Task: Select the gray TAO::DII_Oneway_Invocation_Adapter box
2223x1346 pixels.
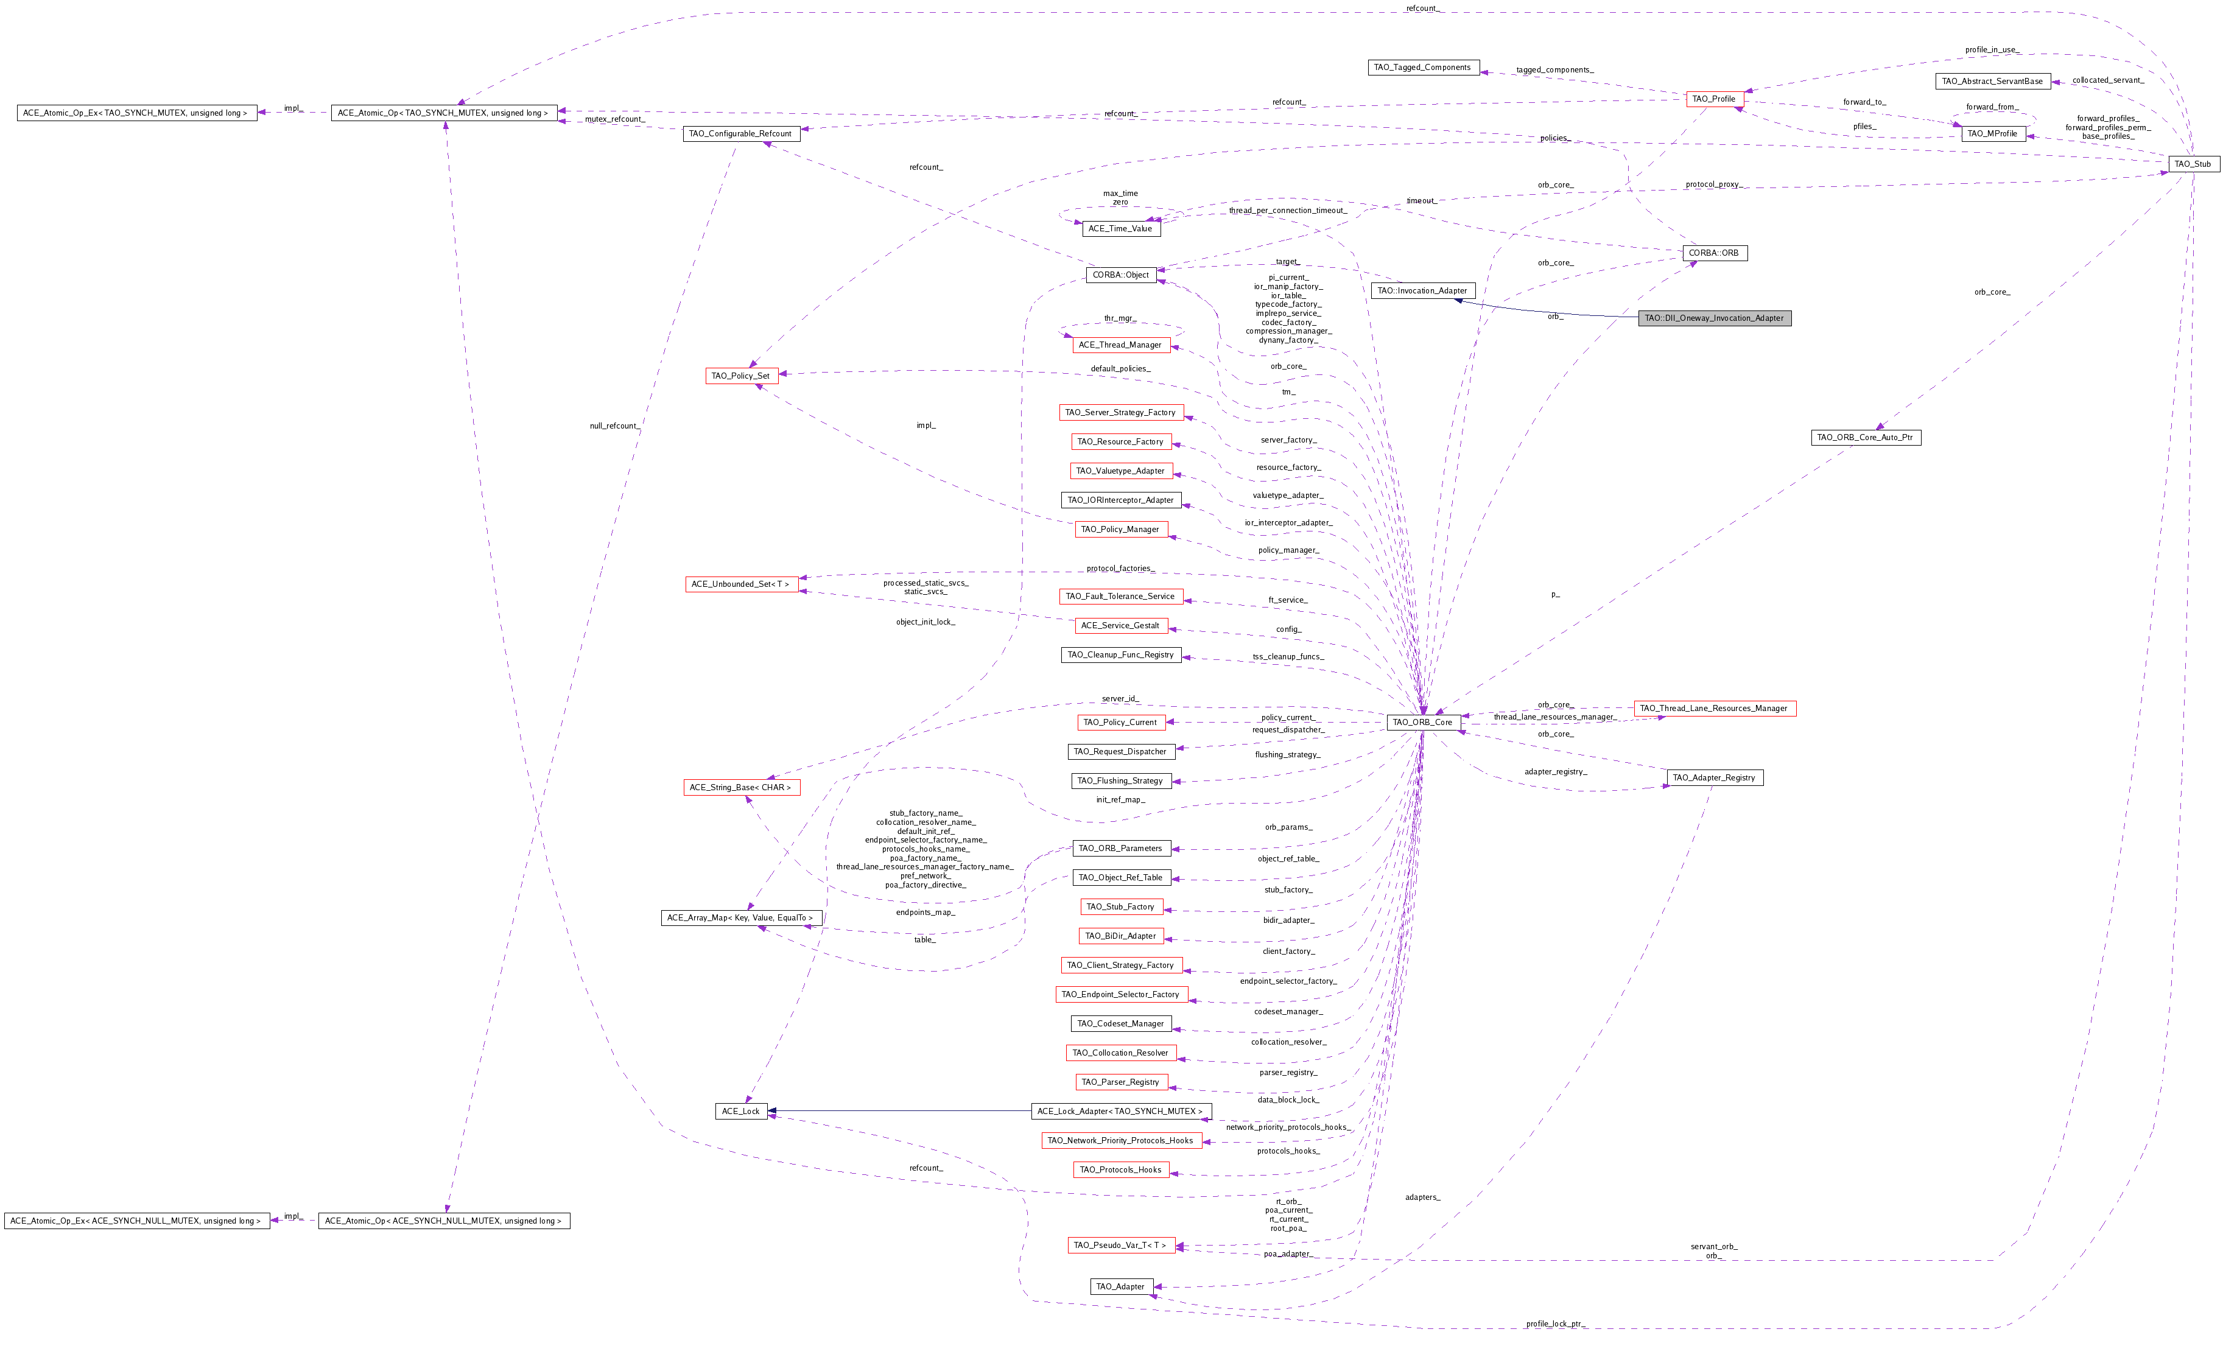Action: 1714,318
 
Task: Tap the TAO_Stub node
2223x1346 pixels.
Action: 2193,163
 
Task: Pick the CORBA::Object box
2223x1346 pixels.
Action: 1120,274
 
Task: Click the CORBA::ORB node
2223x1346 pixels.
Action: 1714,253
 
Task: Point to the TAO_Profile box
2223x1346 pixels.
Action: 1713,99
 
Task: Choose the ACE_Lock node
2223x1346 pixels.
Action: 741,1110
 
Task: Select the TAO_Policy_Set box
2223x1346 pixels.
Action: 741,375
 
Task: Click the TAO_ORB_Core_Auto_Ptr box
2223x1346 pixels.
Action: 1866,436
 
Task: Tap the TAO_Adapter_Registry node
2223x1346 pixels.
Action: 1714,777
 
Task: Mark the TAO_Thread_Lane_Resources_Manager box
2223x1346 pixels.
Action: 1714,708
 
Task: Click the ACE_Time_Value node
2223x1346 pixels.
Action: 1120,228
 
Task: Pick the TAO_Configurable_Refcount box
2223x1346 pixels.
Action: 741,133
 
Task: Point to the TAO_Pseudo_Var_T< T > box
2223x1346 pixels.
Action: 1120,1245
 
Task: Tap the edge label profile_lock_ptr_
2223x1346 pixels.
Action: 1554,1323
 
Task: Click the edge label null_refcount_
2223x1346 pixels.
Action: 614,426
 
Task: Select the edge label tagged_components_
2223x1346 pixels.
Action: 1554,69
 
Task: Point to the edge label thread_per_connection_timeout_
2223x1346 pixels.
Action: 1287,210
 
